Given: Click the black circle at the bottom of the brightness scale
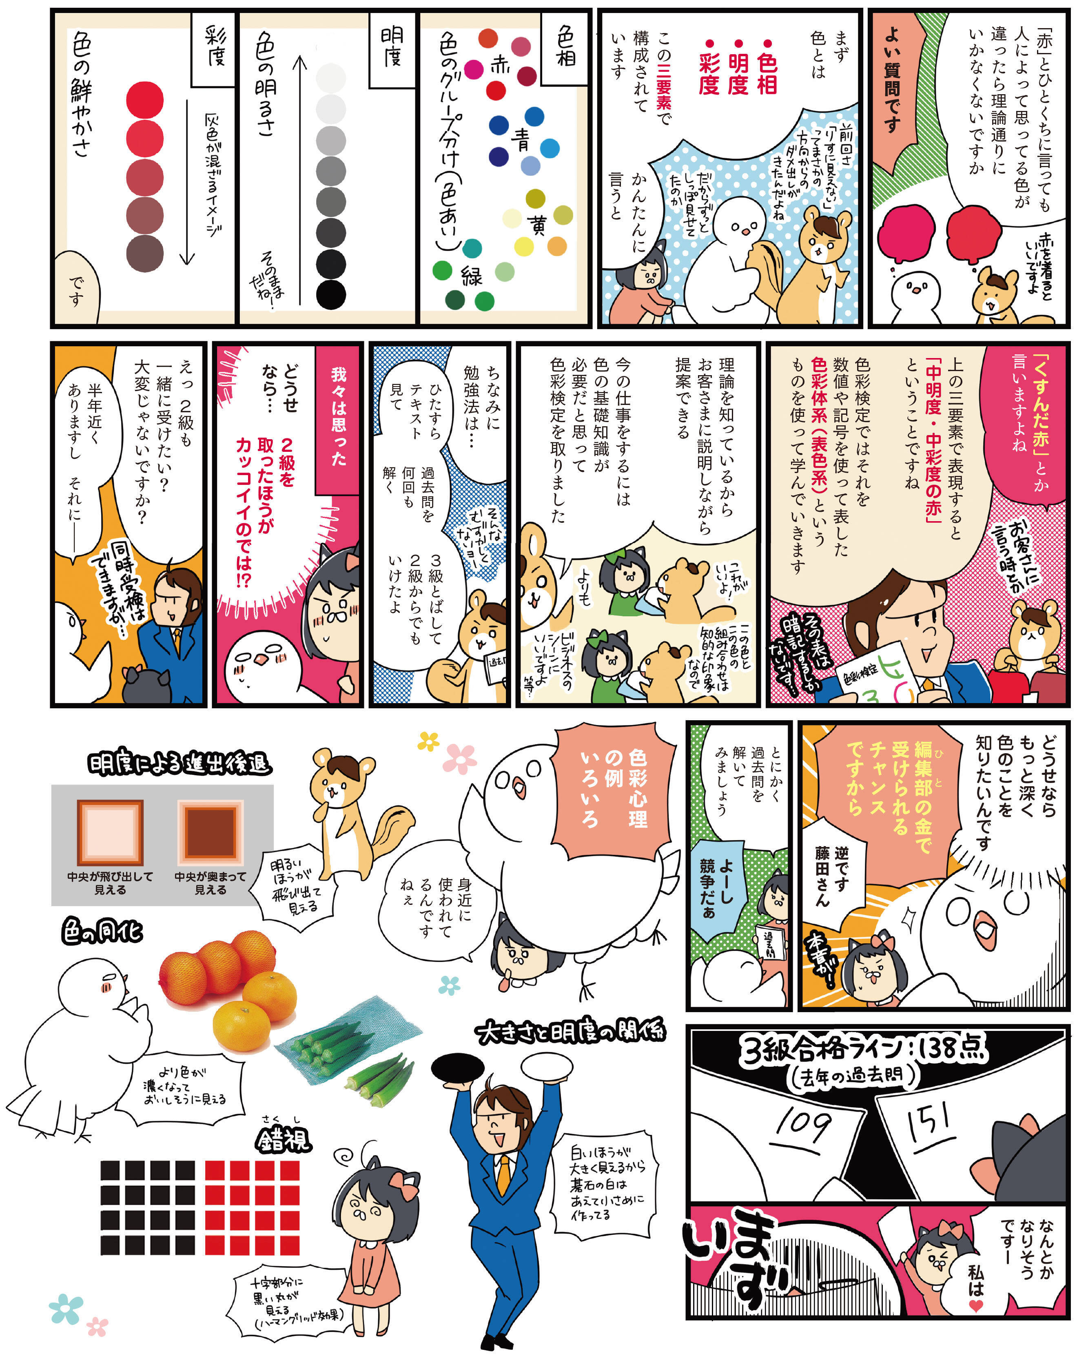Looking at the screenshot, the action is tap(331, 294).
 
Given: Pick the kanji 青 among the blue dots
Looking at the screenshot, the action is tap(521, 139).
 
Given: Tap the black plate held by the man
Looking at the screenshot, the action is tap(458, 1068).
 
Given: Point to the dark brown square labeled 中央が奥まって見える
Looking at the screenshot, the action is tap(211, 832).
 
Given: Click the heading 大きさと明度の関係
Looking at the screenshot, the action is tap(571, 1032).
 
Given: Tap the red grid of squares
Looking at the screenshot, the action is tap(252, 1207).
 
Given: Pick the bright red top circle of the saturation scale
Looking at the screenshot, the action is tap(145, 100).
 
